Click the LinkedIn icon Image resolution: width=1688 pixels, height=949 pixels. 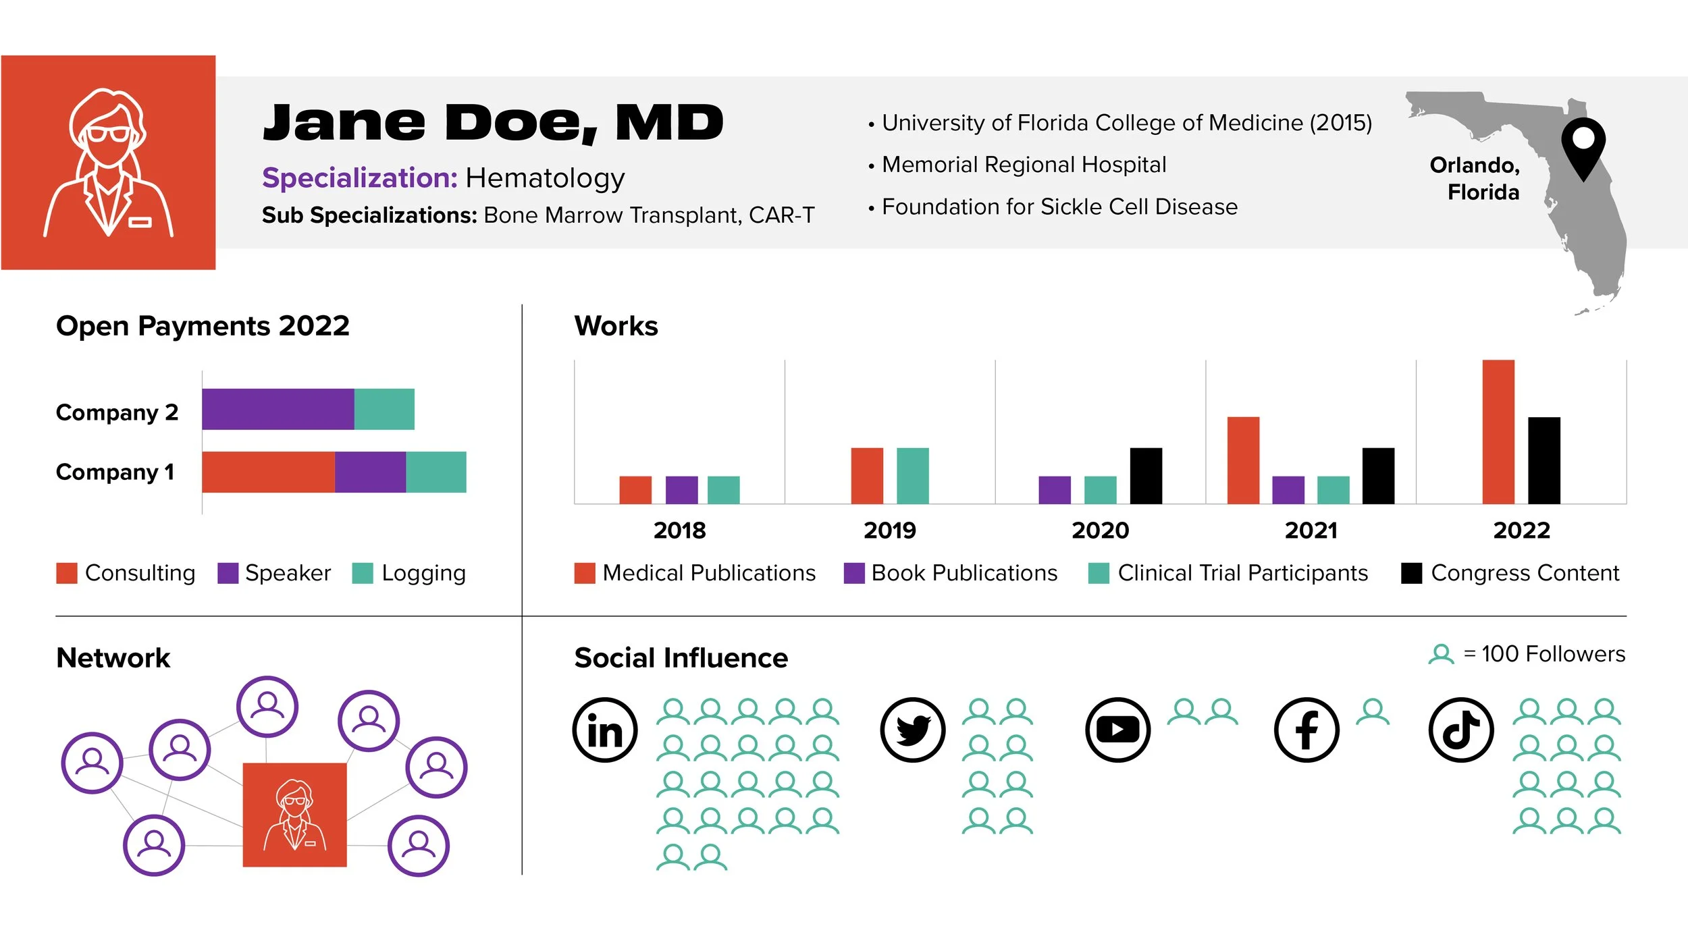(x=605, y=730)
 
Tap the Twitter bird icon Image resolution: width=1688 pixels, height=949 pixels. (x=913, y=730)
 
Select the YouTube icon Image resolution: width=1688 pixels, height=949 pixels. (x=1117, y=730)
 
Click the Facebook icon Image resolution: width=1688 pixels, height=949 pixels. (x=1307, y=730)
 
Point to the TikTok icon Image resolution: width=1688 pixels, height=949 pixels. (x=1461, y=730)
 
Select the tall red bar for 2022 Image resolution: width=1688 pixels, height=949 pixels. (x=1498, y=432)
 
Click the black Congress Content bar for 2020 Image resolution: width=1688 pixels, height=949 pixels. (x=1146, y=476)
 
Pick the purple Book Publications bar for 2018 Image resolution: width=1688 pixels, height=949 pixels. (x=681, y=490)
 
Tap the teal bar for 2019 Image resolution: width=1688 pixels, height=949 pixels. (x=912, y=476)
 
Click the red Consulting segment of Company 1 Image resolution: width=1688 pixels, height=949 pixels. (x=268, y=472)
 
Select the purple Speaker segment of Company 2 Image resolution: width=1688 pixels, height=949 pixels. (x=278, y=409)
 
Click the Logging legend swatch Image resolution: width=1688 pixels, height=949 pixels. (x=363, y=573)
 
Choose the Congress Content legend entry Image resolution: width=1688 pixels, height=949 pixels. (x=1510, y=573)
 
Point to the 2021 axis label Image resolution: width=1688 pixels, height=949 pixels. (x=1311, y=531)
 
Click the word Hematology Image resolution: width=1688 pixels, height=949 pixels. (x=545, y=178)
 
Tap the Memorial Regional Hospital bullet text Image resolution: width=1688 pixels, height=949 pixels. (x=1024, y=165)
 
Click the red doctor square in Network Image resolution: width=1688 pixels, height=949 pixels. (x=294, y=815)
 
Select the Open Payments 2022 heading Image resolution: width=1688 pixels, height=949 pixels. (x=203, y=326)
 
